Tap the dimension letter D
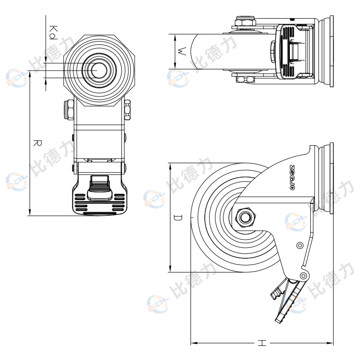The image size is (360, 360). pos(177,218)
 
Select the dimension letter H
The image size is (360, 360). pos(262,343)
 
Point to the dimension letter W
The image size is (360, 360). pos(181,52)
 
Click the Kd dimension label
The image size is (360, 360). pos(53,32)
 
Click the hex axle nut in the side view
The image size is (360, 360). pos(246,217)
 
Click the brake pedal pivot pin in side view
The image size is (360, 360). pos(302,275)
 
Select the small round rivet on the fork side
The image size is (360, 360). pos(299,245)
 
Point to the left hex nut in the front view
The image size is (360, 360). pos(69,110)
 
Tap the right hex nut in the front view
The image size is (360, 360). pos(128,110)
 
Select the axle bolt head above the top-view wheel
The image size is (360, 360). pos(245,21)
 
